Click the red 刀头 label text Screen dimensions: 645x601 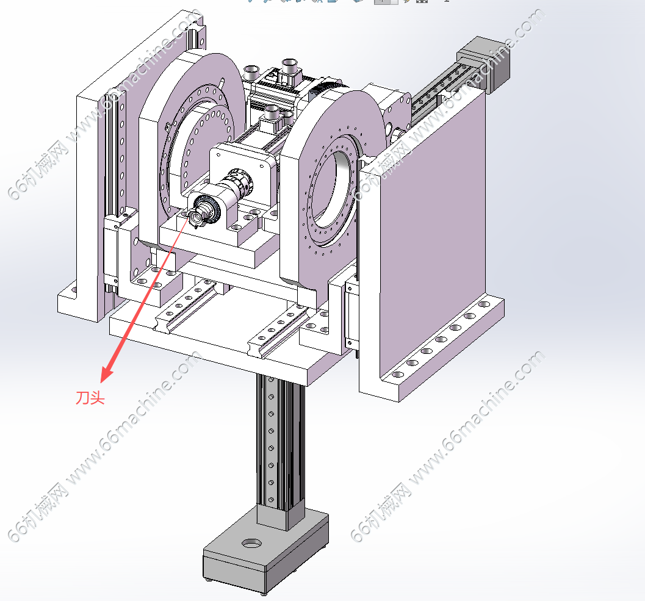point(90,398)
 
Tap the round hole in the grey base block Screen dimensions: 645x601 point(251,544)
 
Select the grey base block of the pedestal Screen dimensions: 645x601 point(265,547)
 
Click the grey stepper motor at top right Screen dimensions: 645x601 point(484,62)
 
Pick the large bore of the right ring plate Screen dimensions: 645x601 point(334,189)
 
